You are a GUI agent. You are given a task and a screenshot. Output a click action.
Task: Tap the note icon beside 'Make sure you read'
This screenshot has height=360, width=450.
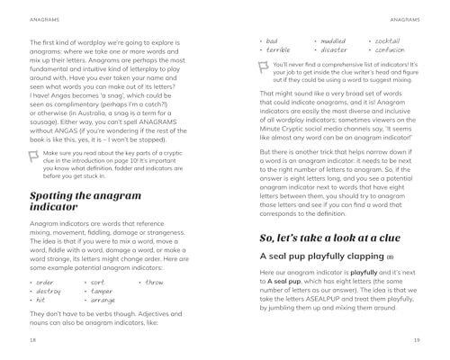[35, 154]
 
